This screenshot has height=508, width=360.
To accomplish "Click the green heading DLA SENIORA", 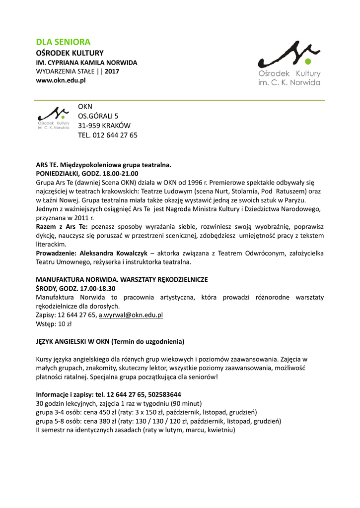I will pos(63,42).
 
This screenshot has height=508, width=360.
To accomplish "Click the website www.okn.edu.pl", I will pos(61,80).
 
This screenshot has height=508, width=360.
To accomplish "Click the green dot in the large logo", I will pos(307,62).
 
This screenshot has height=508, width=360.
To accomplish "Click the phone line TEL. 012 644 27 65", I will pos(107,135).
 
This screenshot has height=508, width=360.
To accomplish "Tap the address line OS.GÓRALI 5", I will pos(98,116).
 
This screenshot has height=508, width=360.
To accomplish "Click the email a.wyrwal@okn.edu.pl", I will pos(131,315).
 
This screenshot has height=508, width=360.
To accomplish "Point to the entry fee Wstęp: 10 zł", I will pos(54,324).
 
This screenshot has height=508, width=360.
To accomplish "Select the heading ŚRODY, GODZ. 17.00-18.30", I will pos(75,288).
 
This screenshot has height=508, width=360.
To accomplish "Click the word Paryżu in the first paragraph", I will pos(309,199).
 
